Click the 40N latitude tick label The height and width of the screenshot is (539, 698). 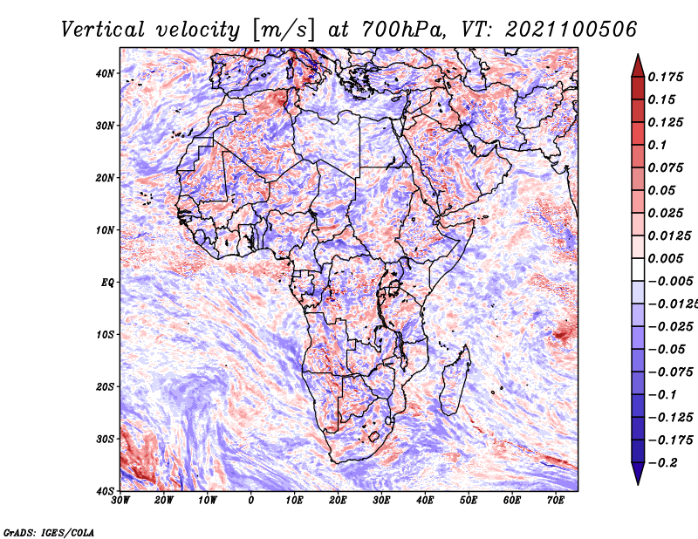pyautogui.click(x=105, y=73)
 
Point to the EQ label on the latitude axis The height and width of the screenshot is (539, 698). pyautogui.click(x=107, y=283)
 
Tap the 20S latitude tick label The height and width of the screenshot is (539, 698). pyautogui.click(x=105, y=386)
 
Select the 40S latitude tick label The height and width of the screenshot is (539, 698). pyautogui.click(x=105, y=490)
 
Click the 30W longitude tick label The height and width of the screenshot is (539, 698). pyautogui.click(x=120, y=501)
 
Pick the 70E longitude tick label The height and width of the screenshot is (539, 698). pyautogui.click(x=555, y=501)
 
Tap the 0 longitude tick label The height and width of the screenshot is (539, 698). pyautogui.click(x=251, y=501)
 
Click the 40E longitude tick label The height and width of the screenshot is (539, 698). pyautogui.click(x=425, y=501)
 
